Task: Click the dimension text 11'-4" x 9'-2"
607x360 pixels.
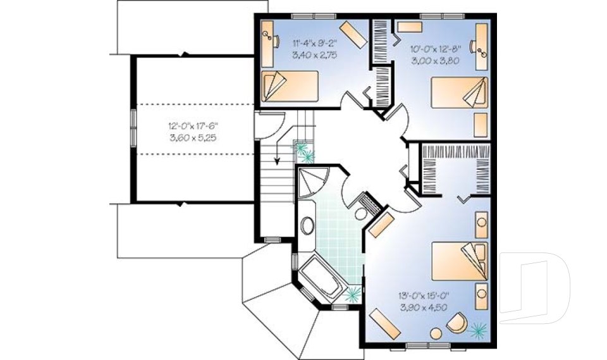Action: coord(314,42)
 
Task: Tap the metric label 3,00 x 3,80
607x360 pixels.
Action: coord(435,61)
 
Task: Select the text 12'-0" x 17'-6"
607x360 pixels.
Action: coord(193,127)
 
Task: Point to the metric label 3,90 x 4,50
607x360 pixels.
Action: coord(424,307)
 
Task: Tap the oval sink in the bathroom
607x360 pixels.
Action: coord(307,225)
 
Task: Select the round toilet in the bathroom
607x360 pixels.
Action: coord(361,214)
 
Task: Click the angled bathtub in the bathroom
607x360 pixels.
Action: coord(320,278)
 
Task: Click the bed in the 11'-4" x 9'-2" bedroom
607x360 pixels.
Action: coord(290,86)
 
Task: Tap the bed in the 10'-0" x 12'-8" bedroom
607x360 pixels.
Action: coord(459,92)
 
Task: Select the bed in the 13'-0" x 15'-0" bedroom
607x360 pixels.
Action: coord(459,261)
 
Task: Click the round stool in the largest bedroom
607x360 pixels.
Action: coord(436,334)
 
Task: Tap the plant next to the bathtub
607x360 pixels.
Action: coord(353,295)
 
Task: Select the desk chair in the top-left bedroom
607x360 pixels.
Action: coord(276,41)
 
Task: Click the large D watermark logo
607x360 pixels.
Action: coord(534,287)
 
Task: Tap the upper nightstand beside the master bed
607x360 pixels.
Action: coord(482,225)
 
